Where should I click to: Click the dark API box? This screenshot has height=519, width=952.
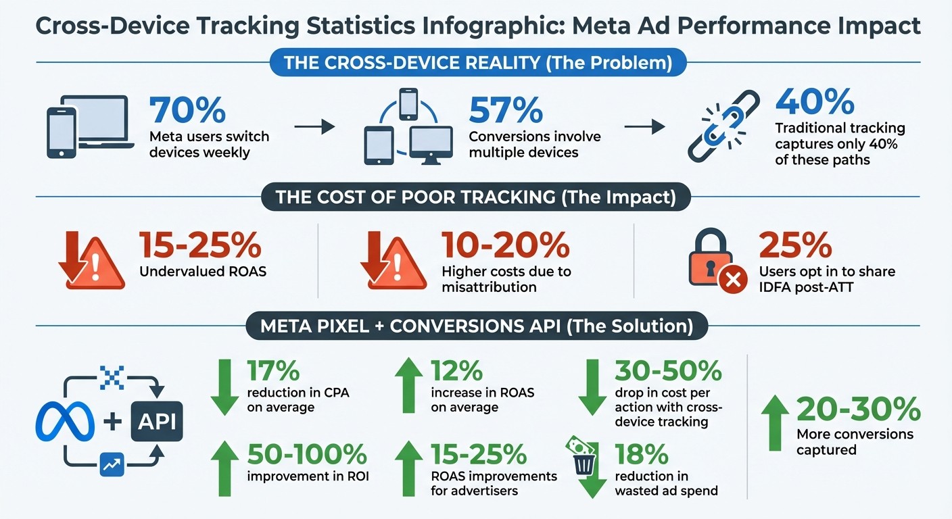pyautogui.click(x=157, y=422)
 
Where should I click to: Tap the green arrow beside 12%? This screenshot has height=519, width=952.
pyautogui.click(x=408, y=385)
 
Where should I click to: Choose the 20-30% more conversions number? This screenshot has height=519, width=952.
pyautogui.click(x=857, y=410)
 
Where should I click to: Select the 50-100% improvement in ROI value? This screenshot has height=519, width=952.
pyautogui.click(x=307, y=453)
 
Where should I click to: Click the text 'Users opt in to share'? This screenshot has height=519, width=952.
pyautogui.click(x=826, y=272)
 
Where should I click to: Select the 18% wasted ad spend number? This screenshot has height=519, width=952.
pyautogui.click(x=642, y=453)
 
